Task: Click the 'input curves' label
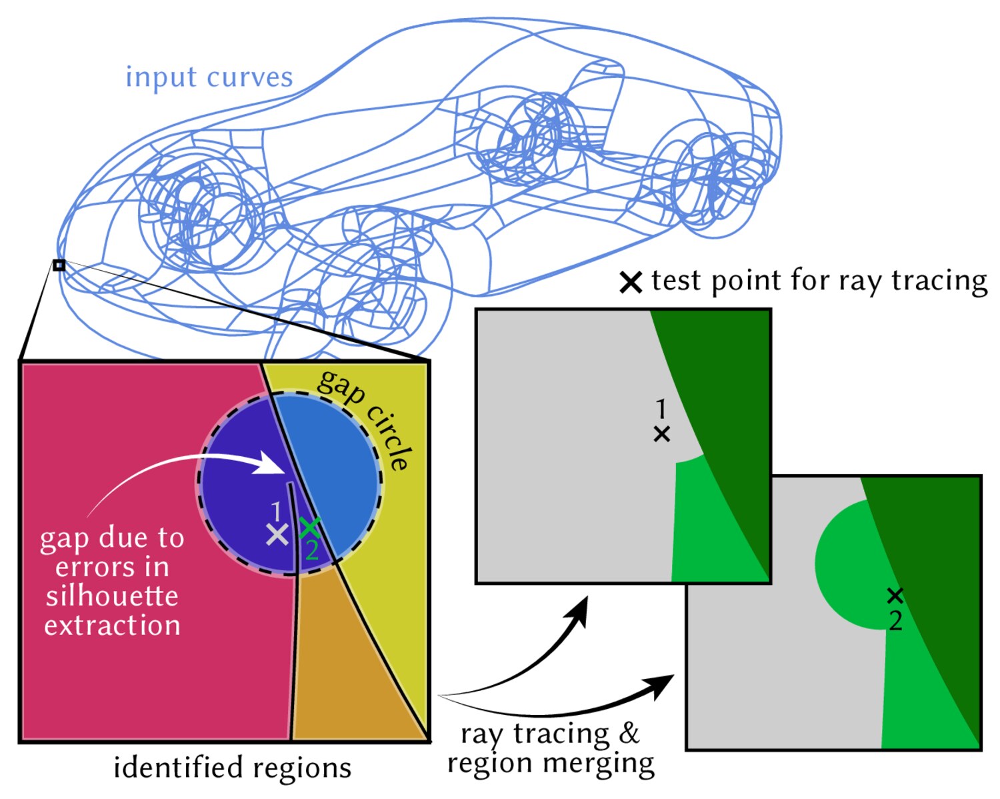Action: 209,77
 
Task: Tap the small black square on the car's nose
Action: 59,265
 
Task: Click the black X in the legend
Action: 631,282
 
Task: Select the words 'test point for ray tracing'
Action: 819,281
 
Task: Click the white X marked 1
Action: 277,534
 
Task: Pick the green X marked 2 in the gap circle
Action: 309,528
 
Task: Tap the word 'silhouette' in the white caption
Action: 112,596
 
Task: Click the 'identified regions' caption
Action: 233,768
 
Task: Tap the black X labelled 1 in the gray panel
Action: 662,435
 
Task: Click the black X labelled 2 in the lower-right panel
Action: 895,596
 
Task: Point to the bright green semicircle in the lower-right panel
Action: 851,565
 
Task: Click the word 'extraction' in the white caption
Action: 112,626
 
